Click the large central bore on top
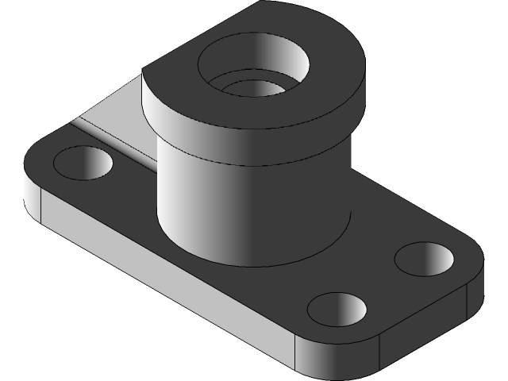pos(254,67)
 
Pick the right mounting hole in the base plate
pos(425,259)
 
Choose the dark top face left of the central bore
pos(171,75)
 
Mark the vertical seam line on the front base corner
pos(295,353)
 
